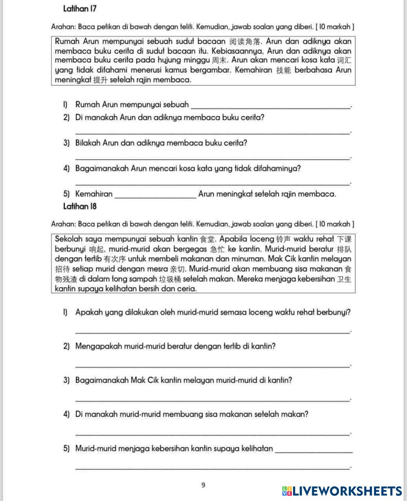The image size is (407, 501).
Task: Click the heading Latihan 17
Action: tap(80, 9)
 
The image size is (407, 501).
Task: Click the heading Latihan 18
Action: tap(80, 206)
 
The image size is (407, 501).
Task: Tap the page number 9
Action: tap(203, 485)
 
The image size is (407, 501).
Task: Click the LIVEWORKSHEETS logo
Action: tap(342, 491)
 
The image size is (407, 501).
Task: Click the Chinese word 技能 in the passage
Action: tap(283, 70)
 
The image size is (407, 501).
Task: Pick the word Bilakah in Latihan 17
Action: tap(88, 143)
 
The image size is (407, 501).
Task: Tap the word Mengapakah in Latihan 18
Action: tap(96, 347)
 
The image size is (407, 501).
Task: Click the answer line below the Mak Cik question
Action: tap(212, 400)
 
